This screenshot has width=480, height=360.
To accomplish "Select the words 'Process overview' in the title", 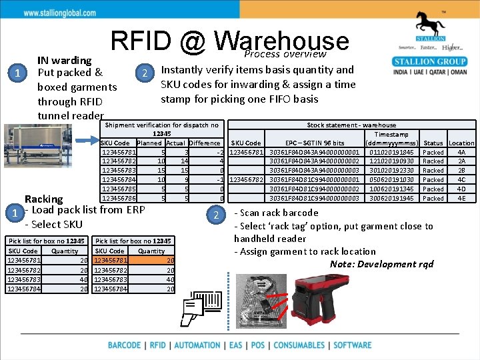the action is click(x=285, y=54).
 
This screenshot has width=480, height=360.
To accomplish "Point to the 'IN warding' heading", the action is click(x=65, y=60).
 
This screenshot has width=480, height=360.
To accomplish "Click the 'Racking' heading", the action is click(x=43, y=199).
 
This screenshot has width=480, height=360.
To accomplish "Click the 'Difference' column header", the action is click(x=204, y=143).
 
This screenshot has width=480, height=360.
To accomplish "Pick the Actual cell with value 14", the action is click(x=184, y=161).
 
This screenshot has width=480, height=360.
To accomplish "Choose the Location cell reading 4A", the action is click(x=461, y=152).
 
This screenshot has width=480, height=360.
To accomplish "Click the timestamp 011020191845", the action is click(x=391, y=152).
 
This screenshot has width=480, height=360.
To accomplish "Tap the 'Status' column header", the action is click(x=433, y=143).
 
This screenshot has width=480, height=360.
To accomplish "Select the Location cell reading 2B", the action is click(x=461, y=170).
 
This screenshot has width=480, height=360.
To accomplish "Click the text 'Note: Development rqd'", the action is click(x=381, y=264).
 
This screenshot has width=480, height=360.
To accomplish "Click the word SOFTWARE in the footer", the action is click(x=353, y=345).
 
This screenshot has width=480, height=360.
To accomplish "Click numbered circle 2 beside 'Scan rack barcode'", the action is click(x=215, y=213).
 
